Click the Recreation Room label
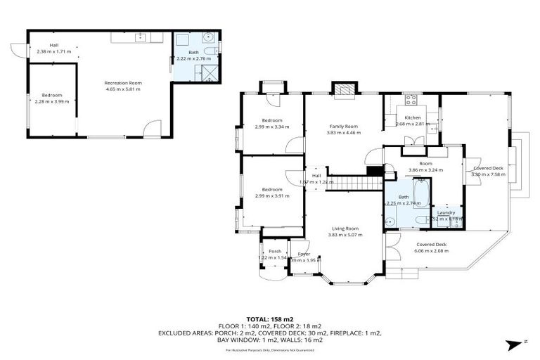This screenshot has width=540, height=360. pos(123,83)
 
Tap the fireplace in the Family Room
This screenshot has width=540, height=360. pos(342,90)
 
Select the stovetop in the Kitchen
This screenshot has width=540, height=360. pos(410,99)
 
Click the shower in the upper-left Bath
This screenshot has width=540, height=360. pos(210,72)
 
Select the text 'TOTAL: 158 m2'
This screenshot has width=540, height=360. pos(270,319)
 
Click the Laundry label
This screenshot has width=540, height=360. pos(446,212)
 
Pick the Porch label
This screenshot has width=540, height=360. pos(275,251)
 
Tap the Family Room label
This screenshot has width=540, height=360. pos(343,126)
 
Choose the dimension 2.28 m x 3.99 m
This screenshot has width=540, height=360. pos(53,101)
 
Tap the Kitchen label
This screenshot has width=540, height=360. pos(412,117)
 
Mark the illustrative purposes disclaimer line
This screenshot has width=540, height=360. pos(270,349)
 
